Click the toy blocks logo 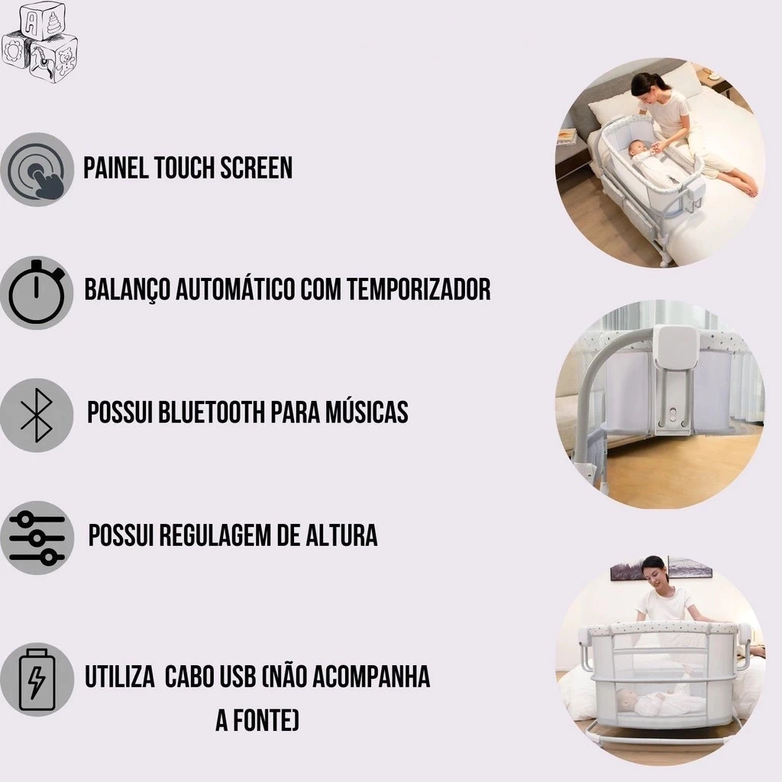point(40,42)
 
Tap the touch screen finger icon point(37,170)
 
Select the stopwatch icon point(37,292)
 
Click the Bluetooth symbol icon point(37,415)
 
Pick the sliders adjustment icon point(37,538)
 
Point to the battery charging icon point(37,679)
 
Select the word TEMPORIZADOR point(418,289)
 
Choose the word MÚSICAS point(367,411)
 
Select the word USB point(237,677)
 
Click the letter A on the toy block point(31,22)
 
